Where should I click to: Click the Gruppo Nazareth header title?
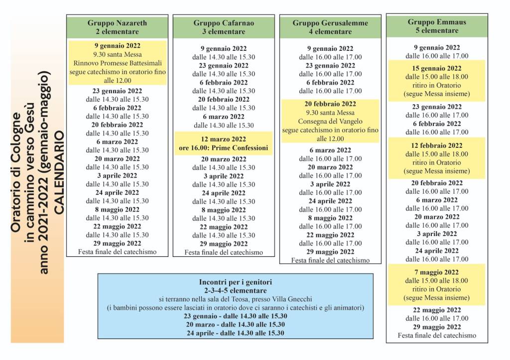117,23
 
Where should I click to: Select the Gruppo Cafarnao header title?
224,23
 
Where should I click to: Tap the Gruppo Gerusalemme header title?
330,23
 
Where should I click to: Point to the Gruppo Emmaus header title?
437,22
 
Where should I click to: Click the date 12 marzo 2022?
224,139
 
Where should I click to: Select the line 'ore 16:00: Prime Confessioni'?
224,148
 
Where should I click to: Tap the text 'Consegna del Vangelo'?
330,121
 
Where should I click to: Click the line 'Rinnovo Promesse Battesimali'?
117,63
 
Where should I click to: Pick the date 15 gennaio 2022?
437,68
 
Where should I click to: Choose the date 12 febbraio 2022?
437,145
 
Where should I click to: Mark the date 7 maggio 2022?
437,272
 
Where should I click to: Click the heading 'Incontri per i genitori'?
235,282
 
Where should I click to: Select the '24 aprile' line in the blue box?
235,333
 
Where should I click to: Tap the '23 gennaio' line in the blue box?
235,316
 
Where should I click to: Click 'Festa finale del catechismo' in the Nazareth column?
117,252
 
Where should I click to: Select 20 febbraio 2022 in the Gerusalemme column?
330,104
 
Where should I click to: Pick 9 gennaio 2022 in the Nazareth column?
117,46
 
